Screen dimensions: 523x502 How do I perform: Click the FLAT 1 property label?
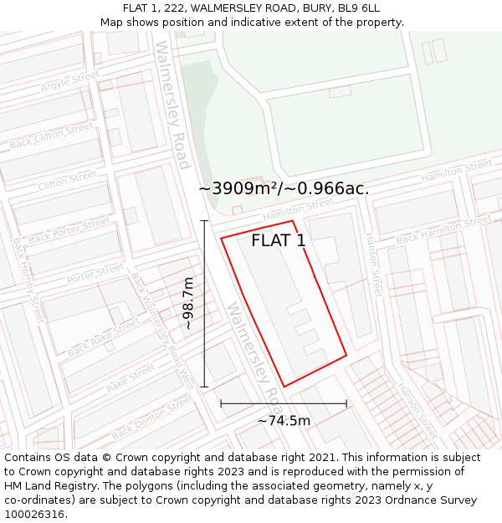point(279,241)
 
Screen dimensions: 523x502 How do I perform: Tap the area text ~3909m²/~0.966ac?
point(284,189)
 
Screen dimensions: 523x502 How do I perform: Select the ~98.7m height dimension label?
point(188,304)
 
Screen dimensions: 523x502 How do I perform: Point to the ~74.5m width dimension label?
point(284,421)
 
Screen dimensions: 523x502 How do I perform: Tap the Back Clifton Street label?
point(51,136)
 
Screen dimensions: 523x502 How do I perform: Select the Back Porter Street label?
point(69,231)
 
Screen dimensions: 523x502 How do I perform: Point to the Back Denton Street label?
point(151,419)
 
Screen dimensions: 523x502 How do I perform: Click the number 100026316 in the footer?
point(35,515)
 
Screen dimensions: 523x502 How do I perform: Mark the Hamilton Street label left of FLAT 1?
point(298,209)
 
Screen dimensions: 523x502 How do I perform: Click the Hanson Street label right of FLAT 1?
point(374,264)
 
